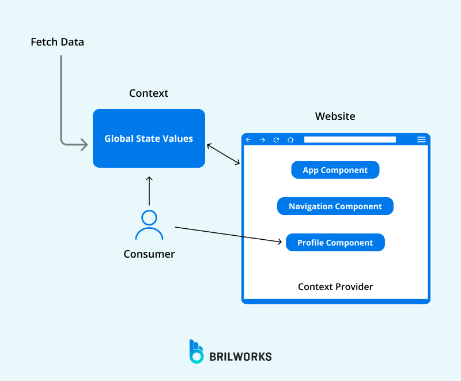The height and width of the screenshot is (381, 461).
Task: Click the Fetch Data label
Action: point(57,42)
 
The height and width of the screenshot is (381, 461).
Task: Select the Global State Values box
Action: point(149,138)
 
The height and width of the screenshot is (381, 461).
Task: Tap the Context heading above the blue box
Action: point(149,93)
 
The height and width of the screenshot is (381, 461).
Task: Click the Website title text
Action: point(335,116)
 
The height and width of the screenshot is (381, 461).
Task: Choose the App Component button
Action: point(335,170)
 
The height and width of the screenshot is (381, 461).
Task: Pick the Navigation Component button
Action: point(335,206)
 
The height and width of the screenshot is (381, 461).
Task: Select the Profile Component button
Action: point(335,243)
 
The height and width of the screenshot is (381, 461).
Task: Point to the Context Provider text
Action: point(335,286)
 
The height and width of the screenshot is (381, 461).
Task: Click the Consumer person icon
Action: point(149,225)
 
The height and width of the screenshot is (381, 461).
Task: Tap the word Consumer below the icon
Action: point(149,254)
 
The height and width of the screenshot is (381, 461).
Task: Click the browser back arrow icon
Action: point(249,139)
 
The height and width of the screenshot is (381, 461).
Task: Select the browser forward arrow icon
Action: point(262,139)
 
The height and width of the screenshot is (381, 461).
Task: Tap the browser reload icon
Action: point(276,139)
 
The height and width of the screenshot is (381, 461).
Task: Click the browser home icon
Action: point(290,139)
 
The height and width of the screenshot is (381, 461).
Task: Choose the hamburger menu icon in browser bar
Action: point(421,139)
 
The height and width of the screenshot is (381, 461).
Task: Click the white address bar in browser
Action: point(350,139)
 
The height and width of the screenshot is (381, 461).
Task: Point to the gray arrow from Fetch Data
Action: point(61,104)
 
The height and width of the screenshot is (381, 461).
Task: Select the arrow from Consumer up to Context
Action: point(149,190)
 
